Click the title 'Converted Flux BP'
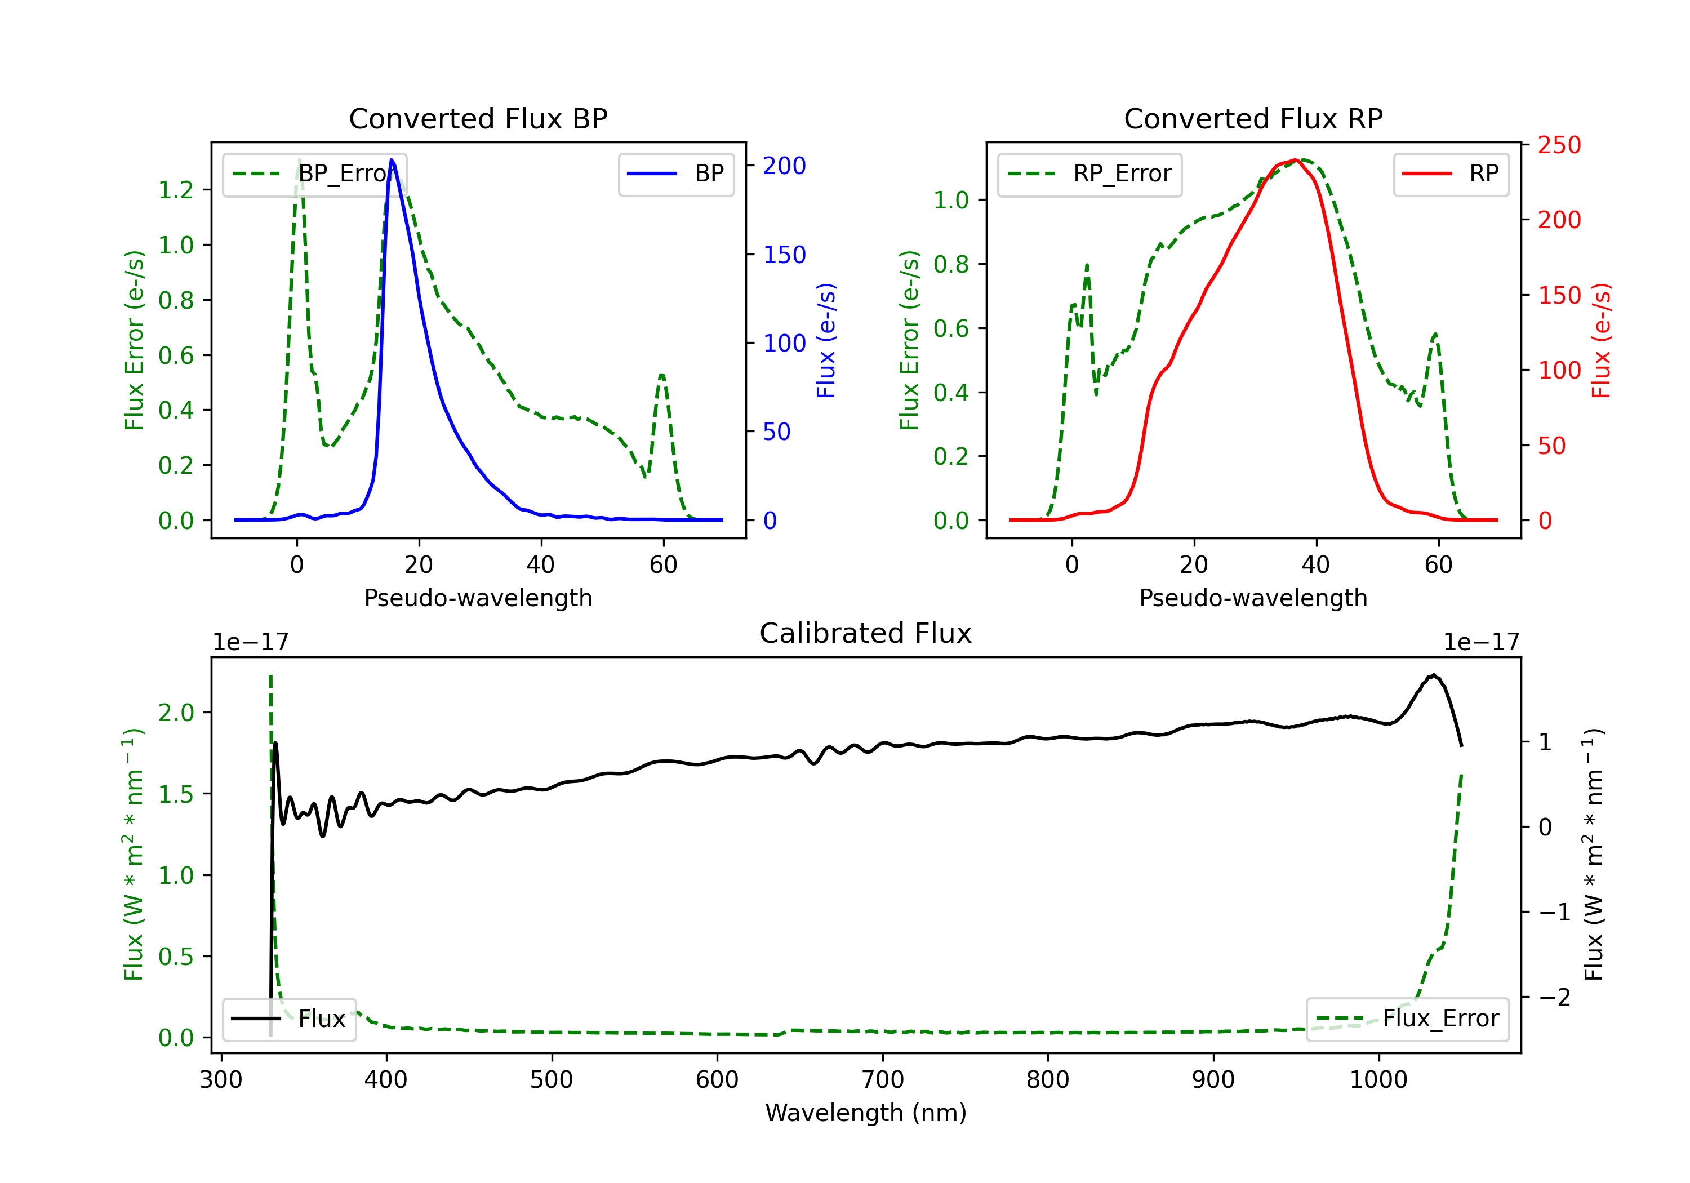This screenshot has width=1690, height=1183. [x=478, y=118]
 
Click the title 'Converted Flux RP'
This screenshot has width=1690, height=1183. [x=1253, y=118]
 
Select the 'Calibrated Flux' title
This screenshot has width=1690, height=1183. [x=866, y=633]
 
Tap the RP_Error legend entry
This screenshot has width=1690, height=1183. [x=1089, y=174]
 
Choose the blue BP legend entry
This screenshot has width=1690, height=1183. [x=675, y=174]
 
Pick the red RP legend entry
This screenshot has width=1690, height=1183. [x=1451, y=174]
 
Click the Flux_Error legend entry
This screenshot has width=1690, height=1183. [x=1407, y=1019]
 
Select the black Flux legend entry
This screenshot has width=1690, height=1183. [x=288, y=1019]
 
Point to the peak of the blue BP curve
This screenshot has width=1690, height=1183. [x=392, y=160]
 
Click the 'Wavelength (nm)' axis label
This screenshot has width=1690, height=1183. [x=866, y=1113]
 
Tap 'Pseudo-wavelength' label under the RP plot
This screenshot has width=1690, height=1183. [x=1253, y=598]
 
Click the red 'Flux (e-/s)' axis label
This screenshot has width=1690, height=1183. [x=1601, y=341]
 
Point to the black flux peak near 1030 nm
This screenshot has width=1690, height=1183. [x=1433, y=675]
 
